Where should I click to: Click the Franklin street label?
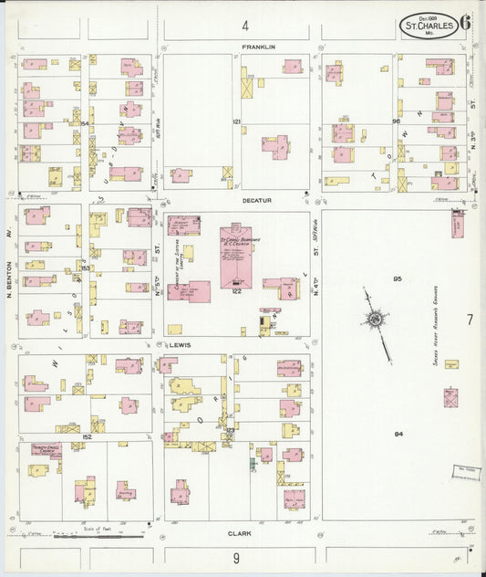coord(258,46)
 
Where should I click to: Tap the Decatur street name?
coord(257,200)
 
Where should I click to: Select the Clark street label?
coord(240,533)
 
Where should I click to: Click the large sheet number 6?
coord(465,23)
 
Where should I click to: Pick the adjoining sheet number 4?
coord(244,25)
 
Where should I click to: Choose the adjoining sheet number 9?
coord(235,558)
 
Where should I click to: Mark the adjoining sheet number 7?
coord(470,320)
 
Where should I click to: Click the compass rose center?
coord(375,319)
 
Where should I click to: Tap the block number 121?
coord(235,121)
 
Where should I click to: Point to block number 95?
coord(398,278)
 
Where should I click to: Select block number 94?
coord(398,434)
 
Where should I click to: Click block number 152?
coord(88,437)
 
